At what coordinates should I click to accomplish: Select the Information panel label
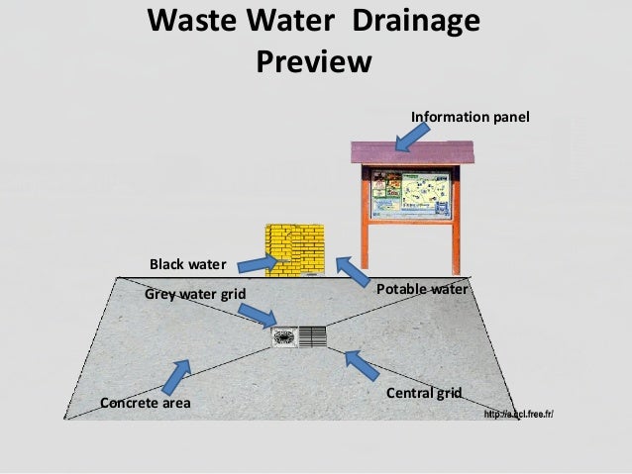pos(471,118)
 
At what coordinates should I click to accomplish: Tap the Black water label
pos(188,265)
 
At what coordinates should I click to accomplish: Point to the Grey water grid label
pos(194,294)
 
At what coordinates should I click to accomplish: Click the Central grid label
pos(424,393)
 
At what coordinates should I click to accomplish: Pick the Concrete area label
pos(146,403)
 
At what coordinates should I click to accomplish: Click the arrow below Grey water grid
pos(257,315)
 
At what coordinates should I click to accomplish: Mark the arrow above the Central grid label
pos(362,365)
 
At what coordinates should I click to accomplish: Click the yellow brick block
pos(294,251)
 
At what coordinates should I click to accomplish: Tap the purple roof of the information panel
pos(413,153)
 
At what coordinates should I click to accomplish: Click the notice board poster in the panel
pos(412,195)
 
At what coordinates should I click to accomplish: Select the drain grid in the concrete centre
pos(299,336)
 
